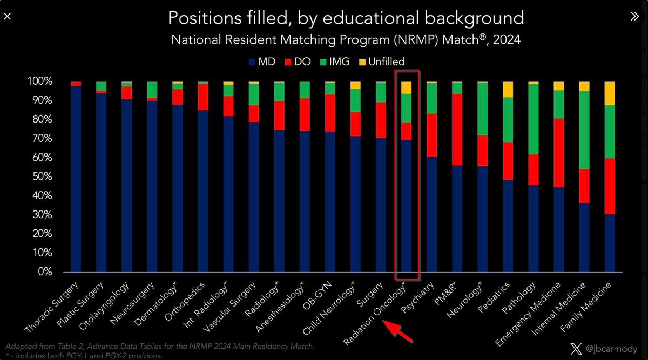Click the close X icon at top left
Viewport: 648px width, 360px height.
7,17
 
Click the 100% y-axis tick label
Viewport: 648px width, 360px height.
39,81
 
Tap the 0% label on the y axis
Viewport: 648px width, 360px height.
44,272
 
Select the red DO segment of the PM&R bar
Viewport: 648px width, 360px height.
457,130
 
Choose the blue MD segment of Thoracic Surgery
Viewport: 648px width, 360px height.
76,178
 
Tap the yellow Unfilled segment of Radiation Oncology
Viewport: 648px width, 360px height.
406,87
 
